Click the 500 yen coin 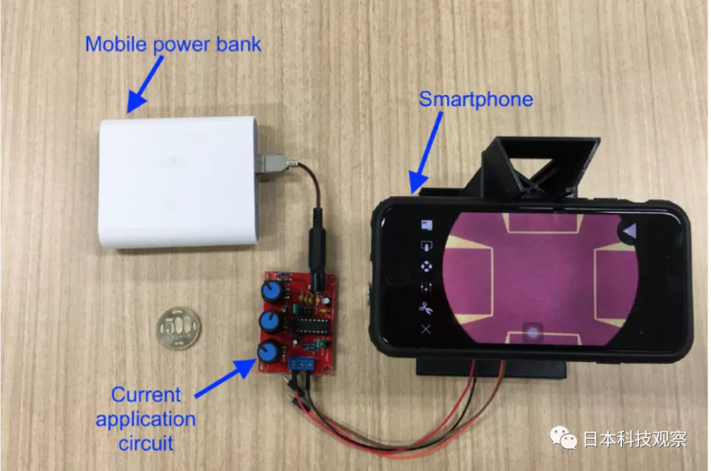tap(178, 328)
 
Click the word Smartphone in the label tap(476, 99)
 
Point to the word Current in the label tap(145, 395)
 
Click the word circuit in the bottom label tap(145, 443)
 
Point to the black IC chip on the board tap(311, 325)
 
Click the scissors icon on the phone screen tap(426, 308)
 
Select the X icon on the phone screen tap(426, 329)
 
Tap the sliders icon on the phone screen tap(426, 287)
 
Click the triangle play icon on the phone tap(629, 231)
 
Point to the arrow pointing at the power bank tap(145, 84)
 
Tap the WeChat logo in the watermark tap(563, 437)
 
